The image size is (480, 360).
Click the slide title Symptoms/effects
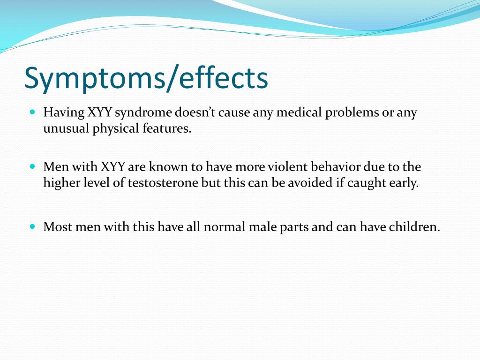tap(146, 78)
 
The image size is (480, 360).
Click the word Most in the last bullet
tap(56, 227)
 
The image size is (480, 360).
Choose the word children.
tap(415, 227)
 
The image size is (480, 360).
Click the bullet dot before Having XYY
tap(32, 112)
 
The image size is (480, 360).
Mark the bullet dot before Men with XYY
tap(32, 166)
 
